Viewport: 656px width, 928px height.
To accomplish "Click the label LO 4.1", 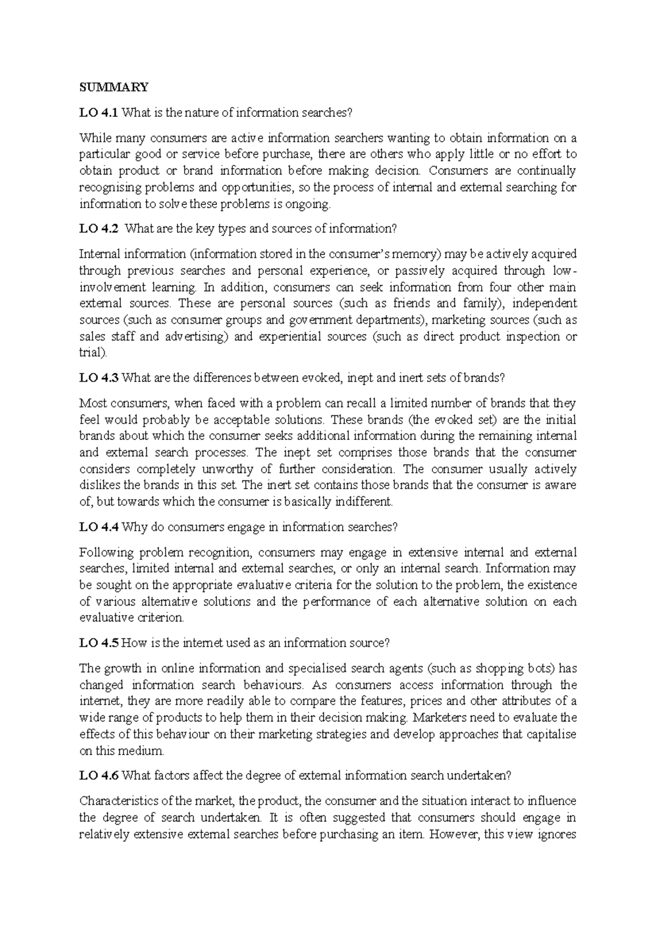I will point(98,113).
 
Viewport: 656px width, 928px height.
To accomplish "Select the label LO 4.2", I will point(98,229).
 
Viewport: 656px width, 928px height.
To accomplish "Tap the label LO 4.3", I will point(98,378).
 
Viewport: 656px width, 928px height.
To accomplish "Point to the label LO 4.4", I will point(98,527).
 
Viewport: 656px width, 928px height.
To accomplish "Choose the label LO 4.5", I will point(98,643).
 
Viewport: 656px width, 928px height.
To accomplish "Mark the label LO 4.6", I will point(98,775).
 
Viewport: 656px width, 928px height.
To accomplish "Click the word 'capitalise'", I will point(551,735).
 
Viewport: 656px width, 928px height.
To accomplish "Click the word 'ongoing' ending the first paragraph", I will point(312,204).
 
